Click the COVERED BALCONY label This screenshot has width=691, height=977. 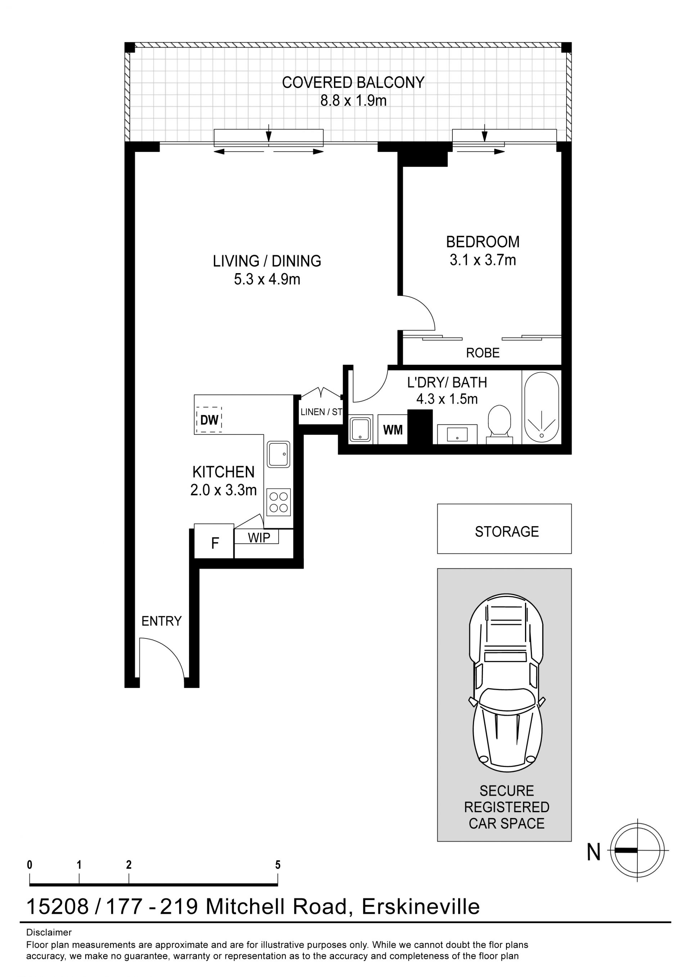coord(353,82)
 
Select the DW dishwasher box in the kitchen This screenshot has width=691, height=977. coord(209,420)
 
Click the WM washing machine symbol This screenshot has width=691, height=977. coord(393,430)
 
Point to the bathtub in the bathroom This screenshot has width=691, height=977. coord(541,408)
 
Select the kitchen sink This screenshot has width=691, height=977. coord(278,454)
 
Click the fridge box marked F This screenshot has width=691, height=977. coord(214,541)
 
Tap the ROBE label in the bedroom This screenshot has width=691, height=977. coord(483,353)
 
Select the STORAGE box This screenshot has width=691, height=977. coord(504,529)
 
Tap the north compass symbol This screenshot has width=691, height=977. coord(637,850)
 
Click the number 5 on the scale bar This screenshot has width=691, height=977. coord(278,865)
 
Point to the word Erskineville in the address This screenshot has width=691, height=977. coord(421,907)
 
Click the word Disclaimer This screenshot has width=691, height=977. coord(49,932)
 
